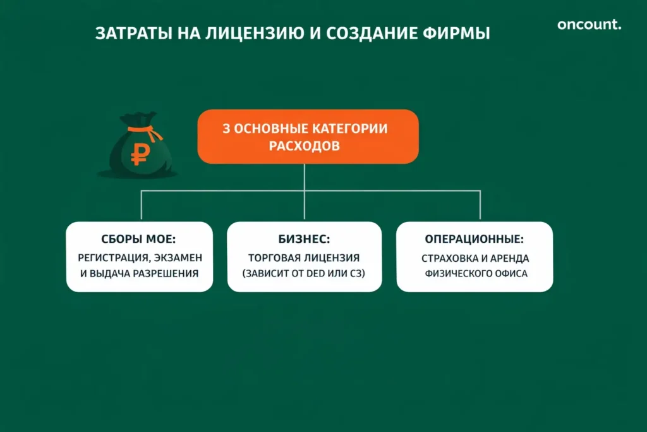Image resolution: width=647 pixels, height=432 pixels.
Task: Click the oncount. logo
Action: coord(589,25)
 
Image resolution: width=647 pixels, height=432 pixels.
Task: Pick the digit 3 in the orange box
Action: coord(226,128)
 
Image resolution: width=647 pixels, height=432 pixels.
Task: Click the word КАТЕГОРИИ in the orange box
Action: coord(353,128)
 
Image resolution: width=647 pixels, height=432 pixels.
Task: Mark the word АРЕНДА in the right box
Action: coord(509,259)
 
